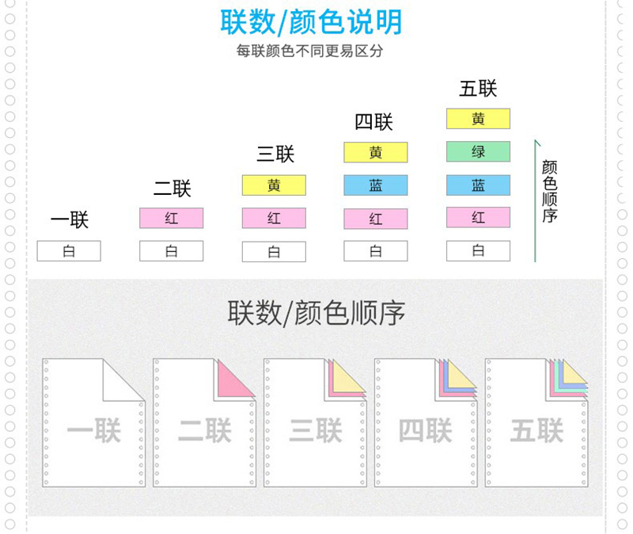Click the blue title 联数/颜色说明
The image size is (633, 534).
311,22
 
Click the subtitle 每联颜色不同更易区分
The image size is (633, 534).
309,51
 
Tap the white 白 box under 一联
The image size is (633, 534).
69,251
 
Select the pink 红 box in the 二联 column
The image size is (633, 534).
172,219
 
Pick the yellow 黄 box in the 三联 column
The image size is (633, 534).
274,185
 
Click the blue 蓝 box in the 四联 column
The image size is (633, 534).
376,185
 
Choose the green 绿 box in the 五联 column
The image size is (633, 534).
479,151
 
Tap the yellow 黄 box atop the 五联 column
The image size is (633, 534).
479,119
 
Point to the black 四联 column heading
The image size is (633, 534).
373,122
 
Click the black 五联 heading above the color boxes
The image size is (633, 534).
478,89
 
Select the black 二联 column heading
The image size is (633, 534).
172,189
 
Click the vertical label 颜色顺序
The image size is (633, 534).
550,191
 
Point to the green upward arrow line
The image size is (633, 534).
536,201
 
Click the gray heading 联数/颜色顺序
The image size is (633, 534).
316,313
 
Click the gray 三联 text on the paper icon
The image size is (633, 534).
316,430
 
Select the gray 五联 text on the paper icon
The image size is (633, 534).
537,430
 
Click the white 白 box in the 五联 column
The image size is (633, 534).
479,250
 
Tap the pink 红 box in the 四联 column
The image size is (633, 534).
376,219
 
